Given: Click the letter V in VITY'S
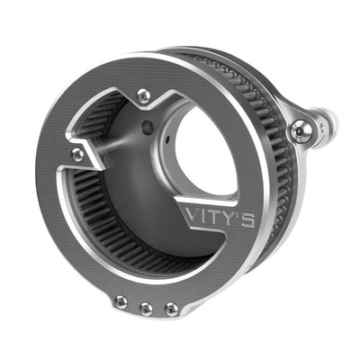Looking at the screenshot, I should pos(190,215).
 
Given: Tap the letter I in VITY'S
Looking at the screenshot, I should pos(202,216).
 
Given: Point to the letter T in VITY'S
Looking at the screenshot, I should pos(212,216).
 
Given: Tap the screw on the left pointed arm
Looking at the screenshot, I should pos(78,155).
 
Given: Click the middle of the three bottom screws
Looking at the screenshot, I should pos(146,308).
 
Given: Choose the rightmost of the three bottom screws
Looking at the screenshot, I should pos(170,309).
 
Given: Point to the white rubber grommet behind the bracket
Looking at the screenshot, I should pos(324,116).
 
